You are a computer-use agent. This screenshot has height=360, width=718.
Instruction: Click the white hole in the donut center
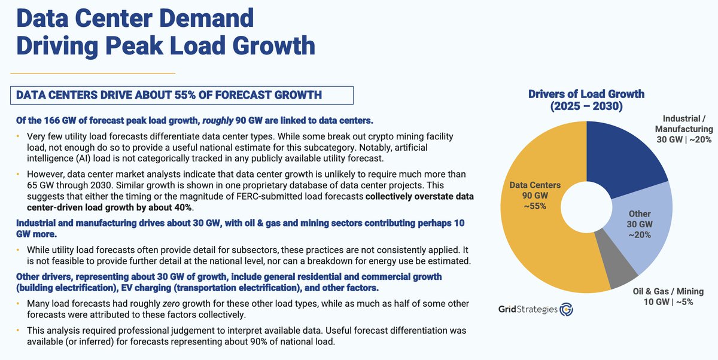[587, 212]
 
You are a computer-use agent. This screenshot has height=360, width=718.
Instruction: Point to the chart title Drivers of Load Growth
[586, 94]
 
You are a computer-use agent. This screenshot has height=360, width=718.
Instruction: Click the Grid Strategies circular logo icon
[567, 310]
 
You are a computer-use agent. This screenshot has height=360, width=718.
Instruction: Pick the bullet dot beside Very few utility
[18, 135]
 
